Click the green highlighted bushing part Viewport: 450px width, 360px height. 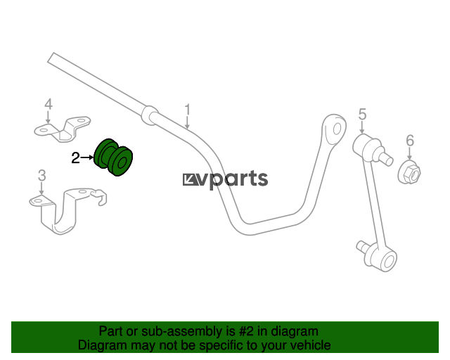point(113,157)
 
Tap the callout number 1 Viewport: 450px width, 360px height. point(188,110)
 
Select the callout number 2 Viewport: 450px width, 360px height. point(75,158)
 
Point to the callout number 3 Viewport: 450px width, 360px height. point(42,175)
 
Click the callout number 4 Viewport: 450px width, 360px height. point(49,104)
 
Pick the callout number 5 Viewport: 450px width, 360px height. point(363,114)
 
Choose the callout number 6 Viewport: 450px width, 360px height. point(410,141)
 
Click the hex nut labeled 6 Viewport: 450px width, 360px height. point(409,172)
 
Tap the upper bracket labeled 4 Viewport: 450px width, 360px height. point(63,129)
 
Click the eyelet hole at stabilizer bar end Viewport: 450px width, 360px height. point(337,129)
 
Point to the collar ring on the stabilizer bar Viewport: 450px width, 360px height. point(150,115)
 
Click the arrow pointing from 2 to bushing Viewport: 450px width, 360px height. point(87,157)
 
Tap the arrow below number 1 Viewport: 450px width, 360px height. point(188,123)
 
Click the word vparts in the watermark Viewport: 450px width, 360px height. point(233,179)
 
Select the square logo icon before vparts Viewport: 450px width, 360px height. point(190,180)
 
